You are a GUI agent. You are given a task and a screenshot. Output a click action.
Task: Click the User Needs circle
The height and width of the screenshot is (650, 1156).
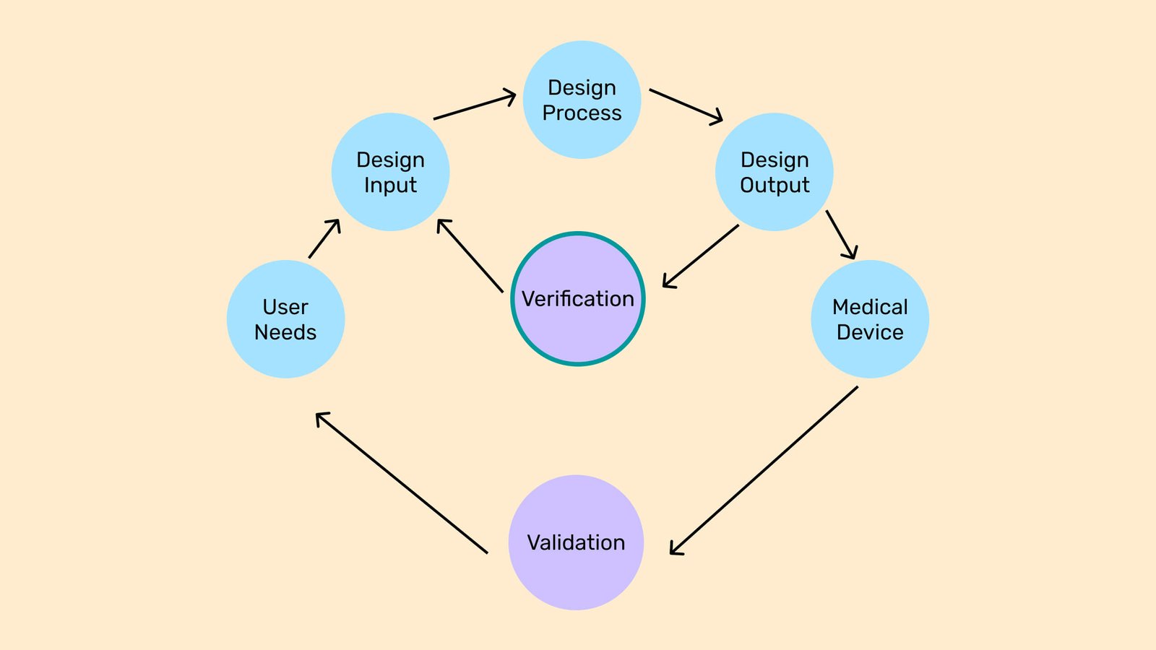click(285, 319)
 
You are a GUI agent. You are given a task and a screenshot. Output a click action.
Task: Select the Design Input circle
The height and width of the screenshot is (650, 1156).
click(390, 172)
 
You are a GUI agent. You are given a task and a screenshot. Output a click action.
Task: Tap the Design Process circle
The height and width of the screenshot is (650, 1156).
click(582, 100)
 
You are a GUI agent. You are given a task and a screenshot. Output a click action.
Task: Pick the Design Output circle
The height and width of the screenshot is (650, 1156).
click(775, 172)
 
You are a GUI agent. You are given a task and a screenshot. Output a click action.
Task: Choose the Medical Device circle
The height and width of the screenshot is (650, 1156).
click(870, 319)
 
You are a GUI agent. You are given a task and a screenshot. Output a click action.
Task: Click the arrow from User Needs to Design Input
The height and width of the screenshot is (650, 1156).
click(324, 238)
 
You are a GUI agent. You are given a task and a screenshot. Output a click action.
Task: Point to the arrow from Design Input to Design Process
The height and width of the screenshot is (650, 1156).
click(474, 107)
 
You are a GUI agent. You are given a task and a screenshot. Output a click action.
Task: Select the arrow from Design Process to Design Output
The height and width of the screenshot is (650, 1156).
click(686, 105)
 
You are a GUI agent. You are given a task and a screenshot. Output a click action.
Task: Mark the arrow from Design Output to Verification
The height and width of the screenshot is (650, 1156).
click(700, 256)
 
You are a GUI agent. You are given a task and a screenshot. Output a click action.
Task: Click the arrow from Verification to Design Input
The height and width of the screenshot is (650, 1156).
click(470, 256)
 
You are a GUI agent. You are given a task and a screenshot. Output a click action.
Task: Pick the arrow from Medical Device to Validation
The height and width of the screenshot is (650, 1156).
click(764, 471)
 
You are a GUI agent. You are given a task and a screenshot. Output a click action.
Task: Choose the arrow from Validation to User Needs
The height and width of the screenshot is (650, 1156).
click(402, 482)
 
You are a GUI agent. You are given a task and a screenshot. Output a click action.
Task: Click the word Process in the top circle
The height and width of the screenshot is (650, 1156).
click(582, 113)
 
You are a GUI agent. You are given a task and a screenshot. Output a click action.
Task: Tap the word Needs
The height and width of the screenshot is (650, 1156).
click(285, 332)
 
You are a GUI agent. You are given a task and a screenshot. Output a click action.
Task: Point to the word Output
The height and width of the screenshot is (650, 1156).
click(775, 186)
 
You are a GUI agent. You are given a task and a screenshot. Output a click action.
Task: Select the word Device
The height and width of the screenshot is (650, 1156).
click(870, 332)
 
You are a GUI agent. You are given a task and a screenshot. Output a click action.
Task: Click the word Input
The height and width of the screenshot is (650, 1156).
click(390, 186)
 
